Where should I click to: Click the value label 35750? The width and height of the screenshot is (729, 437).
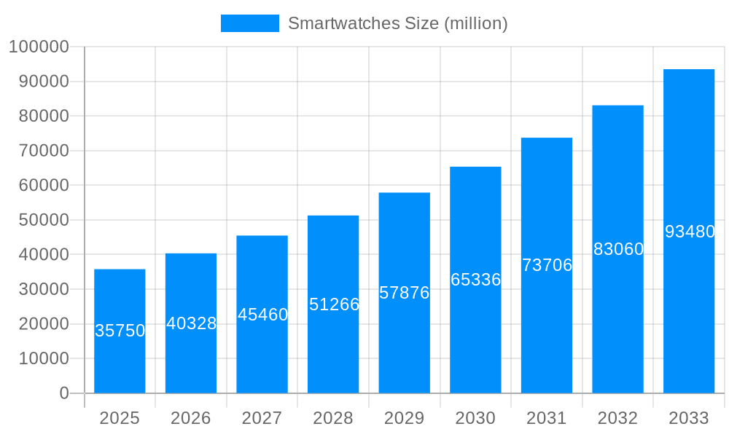click(x=120, y=331)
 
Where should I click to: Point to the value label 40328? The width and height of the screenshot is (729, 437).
click(x=191, y=323)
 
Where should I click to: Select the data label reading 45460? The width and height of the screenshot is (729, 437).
click(x=262, y=315)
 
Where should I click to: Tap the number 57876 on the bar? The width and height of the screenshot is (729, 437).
click(x=405, y=293)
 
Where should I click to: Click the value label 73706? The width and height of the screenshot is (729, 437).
click(x=547, y=265)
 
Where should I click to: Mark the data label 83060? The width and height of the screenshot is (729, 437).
click(x=618, y=249)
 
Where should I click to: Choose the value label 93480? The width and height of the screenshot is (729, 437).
click(x=690, y=232)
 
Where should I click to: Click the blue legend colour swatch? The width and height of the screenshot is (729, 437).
click(x=249, y=23)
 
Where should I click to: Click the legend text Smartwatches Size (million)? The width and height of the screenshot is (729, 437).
click(x=397, y=23)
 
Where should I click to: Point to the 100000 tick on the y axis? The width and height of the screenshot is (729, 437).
click(x=38, y=47)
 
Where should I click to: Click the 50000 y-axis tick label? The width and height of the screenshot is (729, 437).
click(x=42, y=220)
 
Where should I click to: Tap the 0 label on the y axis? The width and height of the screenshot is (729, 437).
click(x=64, y=393)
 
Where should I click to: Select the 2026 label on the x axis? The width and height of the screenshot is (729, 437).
click(x=191, y=418)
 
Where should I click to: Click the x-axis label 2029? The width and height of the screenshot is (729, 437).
click(x=405, y=418)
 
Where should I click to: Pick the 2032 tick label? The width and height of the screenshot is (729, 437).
click(x=617, y=418)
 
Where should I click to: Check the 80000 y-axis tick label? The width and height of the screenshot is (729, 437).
click(x=42, y=116)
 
